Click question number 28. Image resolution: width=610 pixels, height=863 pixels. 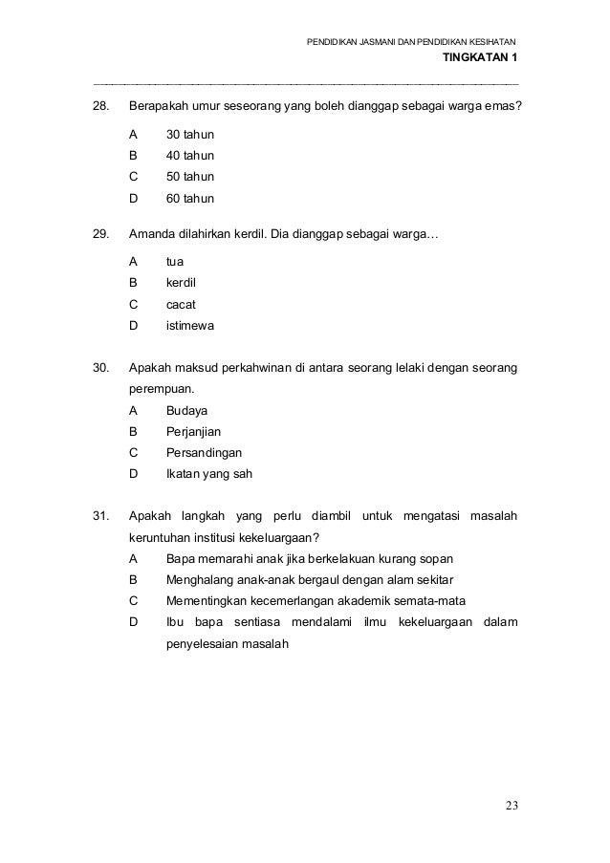(99, 104)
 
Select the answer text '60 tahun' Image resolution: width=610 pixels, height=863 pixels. (190, 200)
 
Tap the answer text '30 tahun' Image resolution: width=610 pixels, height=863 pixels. (190, 134)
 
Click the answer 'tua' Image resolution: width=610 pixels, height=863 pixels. (175, 260)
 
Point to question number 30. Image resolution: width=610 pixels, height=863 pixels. (99, 367)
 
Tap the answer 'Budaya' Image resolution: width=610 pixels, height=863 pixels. (187, 410)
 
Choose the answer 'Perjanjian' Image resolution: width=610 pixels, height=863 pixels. (194, 432)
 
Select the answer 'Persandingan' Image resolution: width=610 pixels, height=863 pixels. (204, 452)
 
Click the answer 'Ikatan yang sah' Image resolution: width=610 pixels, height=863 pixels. (209, 474)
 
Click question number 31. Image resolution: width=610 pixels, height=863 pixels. (99, 517)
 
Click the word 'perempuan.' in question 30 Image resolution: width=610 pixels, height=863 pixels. (162, 389)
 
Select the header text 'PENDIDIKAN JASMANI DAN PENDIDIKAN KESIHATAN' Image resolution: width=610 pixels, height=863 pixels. (411, 42)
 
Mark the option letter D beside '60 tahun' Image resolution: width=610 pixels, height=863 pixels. (134, 200)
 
